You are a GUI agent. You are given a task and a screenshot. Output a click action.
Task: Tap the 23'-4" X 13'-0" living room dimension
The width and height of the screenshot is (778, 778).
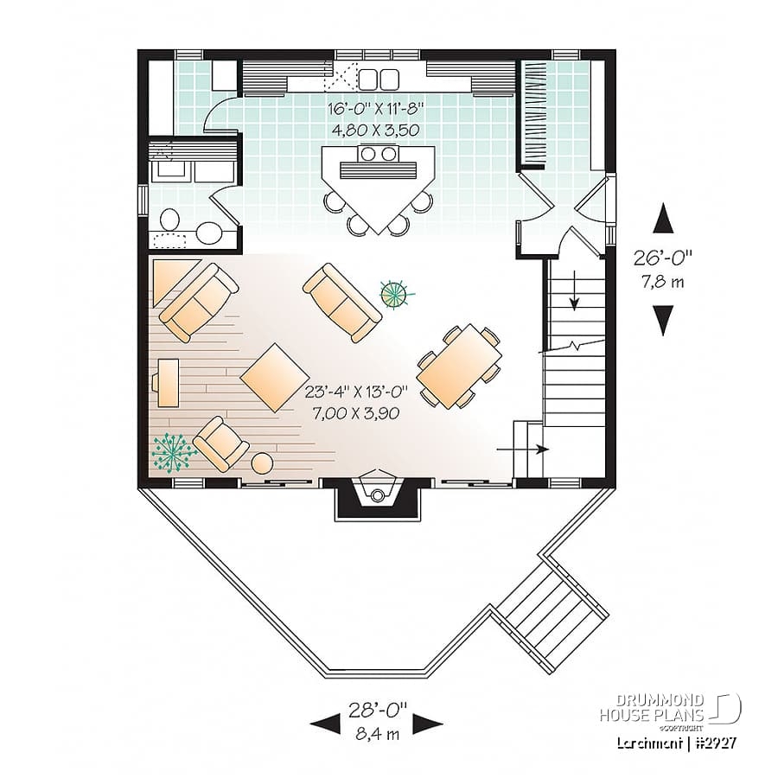351,402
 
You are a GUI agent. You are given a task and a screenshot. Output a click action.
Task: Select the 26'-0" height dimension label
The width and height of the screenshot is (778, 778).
664,268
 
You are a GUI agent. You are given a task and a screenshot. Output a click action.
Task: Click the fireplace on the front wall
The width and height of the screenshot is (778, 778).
377,496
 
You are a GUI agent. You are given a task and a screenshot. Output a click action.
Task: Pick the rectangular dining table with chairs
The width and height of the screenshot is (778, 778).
459,365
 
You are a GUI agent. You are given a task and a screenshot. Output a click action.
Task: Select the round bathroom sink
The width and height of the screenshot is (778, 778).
208,233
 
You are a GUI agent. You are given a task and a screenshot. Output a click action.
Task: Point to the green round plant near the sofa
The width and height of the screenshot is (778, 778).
395,294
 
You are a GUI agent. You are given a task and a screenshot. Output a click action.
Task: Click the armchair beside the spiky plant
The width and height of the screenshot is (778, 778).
221,443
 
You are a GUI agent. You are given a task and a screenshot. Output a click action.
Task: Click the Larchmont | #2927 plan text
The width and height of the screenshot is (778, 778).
670,742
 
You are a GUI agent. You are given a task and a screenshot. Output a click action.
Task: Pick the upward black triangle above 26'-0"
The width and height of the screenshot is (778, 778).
663,219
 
